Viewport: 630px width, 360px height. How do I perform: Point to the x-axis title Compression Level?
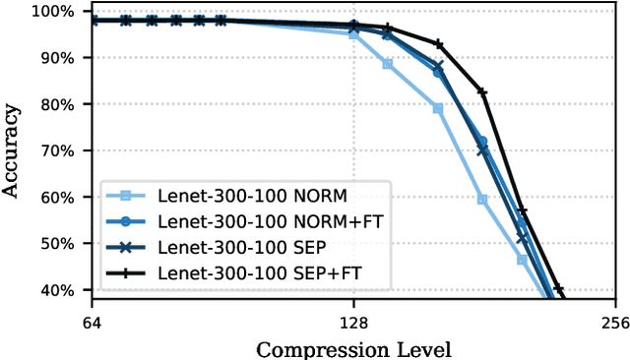click(353, 349)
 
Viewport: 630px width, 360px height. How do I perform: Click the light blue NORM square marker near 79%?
click(438, 108)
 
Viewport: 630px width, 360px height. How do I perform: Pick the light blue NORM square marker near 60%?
click(482, 199)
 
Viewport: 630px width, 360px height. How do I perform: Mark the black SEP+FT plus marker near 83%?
click(482, 91)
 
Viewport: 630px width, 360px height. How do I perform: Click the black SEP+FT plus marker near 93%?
click(439, 44)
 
